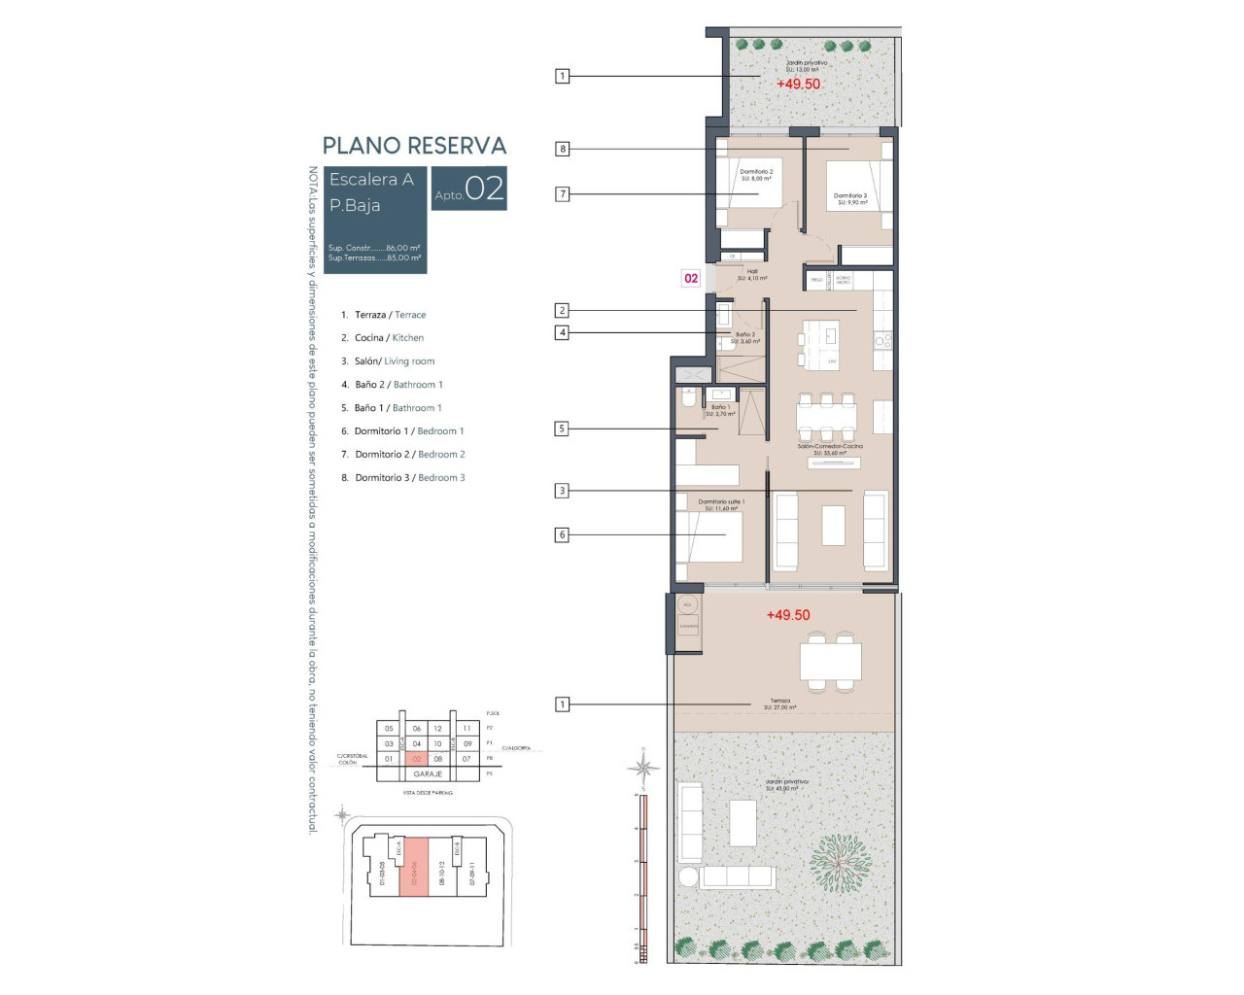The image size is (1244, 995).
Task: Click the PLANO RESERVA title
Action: click(x=414, y=146)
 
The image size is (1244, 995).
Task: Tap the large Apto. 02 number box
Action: click(x=469, y=189)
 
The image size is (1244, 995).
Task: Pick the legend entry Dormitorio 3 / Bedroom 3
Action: click(x=409, y=478)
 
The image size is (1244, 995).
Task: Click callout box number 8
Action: click(x=562, y=149)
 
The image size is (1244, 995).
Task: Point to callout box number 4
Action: click(x=562, y=332)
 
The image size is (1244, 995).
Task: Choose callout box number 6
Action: click(x=562, y=534)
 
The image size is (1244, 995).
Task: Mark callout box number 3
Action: click(x=562, y=491)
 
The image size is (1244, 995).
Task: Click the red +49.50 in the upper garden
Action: click(x=798, y=85)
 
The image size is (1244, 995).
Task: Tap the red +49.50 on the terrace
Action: click(x=787, y=615)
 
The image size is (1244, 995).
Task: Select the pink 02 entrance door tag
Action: click(x=691, y=278)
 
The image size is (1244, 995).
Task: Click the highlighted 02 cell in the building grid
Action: click(x=417, y=759)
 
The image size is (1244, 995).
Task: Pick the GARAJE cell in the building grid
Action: click(x=428, y=774)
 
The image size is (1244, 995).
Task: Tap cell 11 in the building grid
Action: click(x=466, y=728)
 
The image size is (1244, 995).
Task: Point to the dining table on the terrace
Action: click(x=830, y=662)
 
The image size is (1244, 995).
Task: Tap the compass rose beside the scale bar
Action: click(x=642, y=768)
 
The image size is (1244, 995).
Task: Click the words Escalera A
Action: click(x=371, y=180)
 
